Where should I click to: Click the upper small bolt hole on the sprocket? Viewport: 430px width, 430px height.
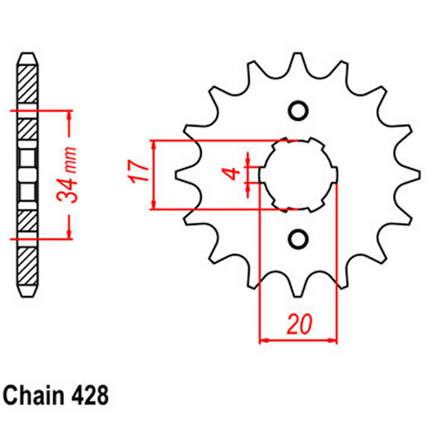point(298,110)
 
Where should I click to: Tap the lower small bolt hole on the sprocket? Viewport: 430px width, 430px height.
point(298,237)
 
